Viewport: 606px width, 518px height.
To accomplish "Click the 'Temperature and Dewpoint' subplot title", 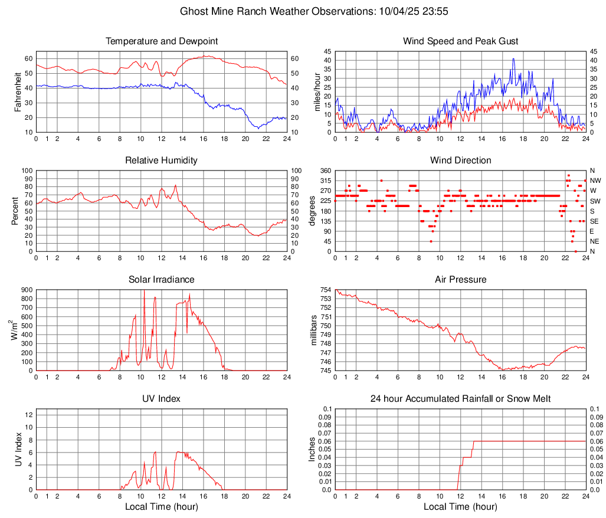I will (x=162, y=41).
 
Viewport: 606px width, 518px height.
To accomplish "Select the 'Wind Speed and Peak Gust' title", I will (x=461, y=41).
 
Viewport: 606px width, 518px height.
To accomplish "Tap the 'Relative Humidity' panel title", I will (x=162, y=160).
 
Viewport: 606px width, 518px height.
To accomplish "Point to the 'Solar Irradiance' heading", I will (x=162, y=280).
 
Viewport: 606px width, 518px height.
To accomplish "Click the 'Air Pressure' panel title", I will (x=461, y=280).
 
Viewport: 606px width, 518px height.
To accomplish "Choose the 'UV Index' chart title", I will (x=162, y=399).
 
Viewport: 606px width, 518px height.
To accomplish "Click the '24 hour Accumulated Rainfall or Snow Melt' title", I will (x=461, y=399).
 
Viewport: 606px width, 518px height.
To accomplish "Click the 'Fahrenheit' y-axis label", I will (x=18, y=95).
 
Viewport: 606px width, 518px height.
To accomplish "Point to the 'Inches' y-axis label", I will (x=313, y=450).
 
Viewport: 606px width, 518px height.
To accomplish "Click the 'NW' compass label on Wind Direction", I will (x=595, y=181).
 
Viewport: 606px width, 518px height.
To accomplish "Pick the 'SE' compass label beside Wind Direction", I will (x=594, y=221).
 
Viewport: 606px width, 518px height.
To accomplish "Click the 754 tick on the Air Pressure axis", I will (x=326, y=290).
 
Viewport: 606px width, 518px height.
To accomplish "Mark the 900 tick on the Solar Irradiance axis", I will (x=27, y=290).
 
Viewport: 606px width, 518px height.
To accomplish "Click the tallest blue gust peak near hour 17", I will (x=513, y=58).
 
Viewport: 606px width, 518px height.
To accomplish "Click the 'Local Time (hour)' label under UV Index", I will (x=162, y=507).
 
